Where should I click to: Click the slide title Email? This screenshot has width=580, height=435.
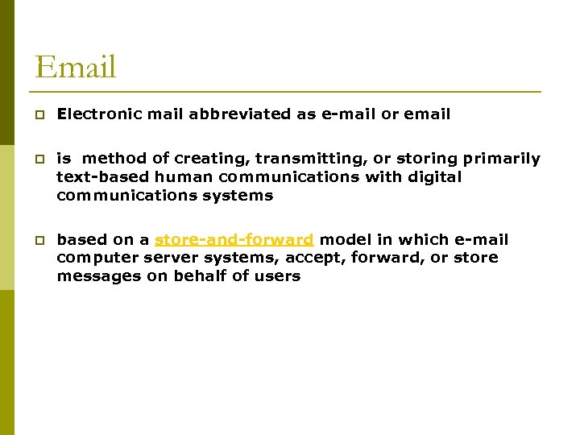[x=76, y=67]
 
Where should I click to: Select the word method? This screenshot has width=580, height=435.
[x=111, y=159]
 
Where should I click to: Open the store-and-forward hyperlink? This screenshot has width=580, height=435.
[x=234, y=240]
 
